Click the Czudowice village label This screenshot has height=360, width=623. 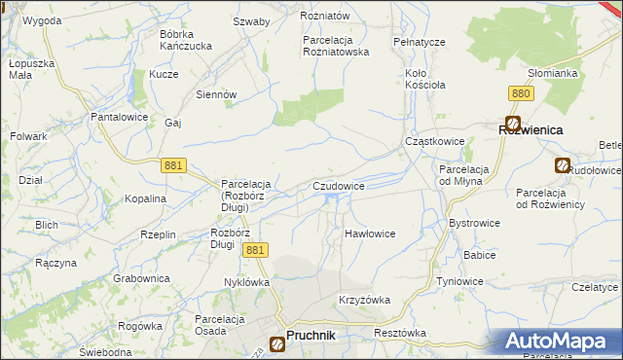coord(339,185)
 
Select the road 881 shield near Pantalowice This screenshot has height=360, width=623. coord(174,166)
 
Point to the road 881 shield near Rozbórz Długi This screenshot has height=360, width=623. coord(255,250)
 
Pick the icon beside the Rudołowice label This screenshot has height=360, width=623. coord(563,166)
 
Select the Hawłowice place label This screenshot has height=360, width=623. coord(370,234)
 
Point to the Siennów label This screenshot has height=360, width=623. coord(217,94)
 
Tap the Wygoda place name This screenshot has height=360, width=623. coord(42,19)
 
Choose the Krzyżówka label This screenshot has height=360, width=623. coord(364,300)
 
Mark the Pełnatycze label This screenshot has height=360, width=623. coord(420,43)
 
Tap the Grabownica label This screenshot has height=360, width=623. coord(141,278)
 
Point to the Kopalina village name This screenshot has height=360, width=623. coord(146,198)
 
